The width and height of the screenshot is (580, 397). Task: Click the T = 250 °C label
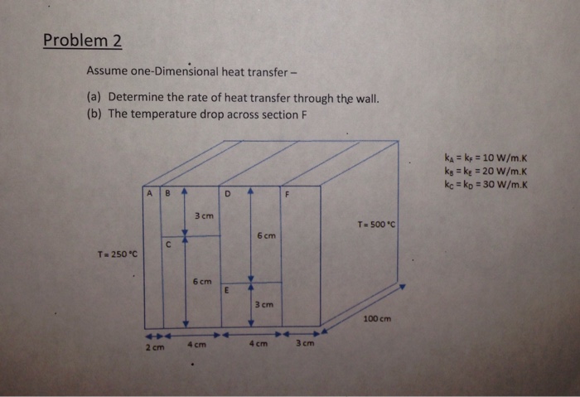pyautogui.click(x=115, y=252)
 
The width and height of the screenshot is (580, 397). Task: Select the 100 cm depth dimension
pyautogui.click(x=377, y=318)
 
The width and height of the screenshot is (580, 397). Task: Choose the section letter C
pyautogui.click(x=168, y=244)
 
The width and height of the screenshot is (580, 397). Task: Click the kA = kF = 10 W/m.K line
pyautogui.click(x=485, y=155)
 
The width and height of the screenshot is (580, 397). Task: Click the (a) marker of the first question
pyautogui.click(x=94, y=97)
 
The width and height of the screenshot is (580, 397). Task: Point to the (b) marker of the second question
pyautogui.click(x=94, y=114)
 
